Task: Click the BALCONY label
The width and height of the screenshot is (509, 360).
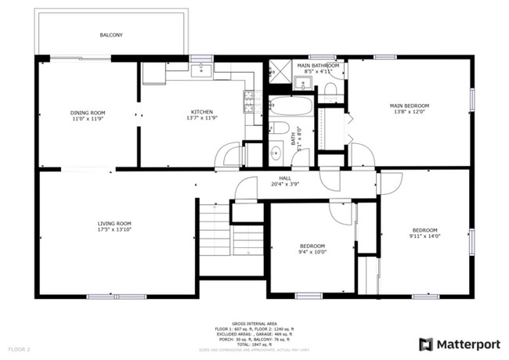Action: point(110,35)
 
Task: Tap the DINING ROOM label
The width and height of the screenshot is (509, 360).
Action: point(88,113)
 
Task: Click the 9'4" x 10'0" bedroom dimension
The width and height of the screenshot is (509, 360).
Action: point(312,252)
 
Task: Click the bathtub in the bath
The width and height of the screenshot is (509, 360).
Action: point(291,106)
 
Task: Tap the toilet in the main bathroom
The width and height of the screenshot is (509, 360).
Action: point(330,88)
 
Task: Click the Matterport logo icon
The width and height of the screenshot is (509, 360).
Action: point(426,344)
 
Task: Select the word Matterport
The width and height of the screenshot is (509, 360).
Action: point(468,344)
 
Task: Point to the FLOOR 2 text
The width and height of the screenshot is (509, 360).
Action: point(19,347)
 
